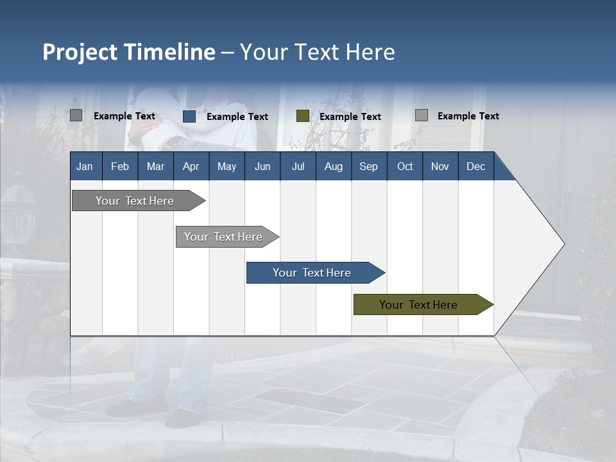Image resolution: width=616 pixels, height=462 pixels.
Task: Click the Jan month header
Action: coord(85,166)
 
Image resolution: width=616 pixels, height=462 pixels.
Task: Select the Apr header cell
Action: coord(191,166)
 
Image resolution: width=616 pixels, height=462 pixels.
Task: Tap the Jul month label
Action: coord(298,166)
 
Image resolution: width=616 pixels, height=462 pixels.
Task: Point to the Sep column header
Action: coord(368,166)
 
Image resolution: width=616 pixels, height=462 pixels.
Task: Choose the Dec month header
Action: coord(475,166)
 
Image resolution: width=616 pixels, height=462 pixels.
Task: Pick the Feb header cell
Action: coord(120,166)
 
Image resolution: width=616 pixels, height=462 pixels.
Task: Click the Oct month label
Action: coord(405,166)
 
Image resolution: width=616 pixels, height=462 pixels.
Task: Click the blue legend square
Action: coord(189,116)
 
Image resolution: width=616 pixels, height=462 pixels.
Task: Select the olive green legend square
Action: coord(303,116)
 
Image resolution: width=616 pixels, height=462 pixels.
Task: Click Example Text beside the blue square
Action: coord(237,117)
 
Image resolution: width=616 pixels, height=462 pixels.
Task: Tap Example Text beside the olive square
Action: coord(350,117)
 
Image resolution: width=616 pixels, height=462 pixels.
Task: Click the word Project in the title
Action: coord(80,52)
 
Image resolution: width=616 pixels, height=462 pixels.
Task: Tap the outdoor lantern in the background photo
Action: coord(19,212)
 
